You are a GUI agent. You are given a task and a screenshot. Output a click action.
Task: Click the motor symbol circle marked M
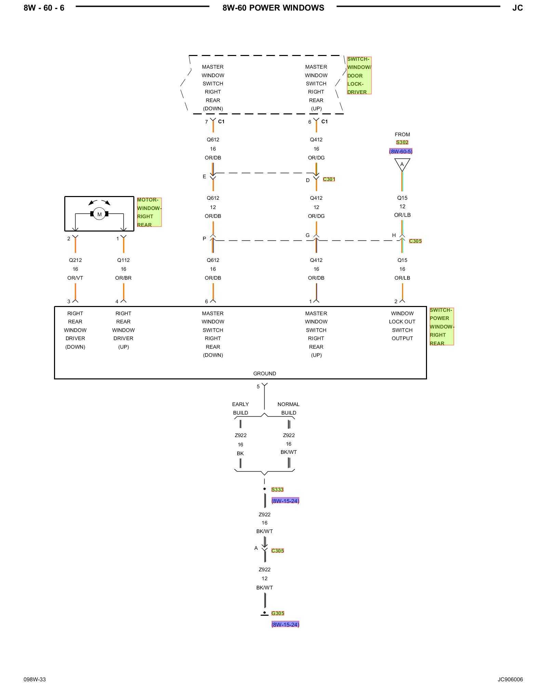click(99, 214)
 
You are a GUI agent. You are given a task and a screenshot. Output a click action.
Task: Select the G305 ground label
click(278, 613)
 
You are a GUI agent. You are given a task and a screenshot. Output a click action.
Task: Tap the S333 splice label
click(277, 489)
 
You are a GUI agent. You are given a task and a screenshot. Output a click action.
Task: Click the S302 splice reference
click(402, 142)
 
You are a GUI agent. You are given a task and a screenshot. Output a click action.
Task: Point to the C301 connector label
click(329, 179)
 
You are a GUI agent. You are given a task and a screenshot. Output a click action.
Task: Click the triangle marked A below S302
click(402, 165)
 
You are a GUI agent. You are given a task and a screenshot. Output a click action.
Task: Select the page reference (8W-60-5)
click(401, 151)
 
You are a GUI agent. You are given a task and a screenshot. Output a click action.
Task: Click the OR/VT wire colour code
click(75, 278)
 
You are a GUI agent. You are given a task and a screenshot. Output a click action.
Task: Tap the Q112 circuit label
click(123, 260)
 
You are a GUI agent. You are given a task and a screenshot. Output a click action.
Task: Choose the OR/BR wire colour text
click(123, 278)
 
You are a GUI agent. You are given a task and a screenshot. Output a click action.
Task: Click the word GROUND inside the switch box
click(265, 374)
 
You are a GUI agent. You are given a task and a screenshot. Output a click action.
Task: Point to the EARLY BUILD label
click(240, 408)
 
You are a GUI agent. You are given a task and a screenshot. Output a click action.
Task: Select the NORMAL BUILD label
click(289, 408)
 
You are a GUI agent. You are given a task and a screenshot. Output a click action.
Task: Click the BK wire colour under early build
click(240, 454)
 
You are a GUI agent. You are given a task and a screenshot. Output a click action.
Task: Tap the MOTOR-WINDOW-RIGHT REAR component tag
click(149, 212)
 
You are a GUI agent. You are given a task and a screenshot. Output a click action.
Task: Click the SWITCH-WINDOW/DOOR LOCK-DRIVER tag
click(359, 75)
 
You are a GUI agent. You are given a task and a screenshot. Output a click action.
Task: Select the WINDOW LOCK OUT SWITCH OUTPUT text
click(402, 326)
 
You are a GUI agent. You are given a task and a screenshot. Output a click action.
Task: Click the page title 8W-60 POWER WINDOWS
click(273, 8)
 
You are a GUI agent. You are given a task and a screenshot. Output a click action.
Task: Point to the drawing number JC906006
click(510, 679)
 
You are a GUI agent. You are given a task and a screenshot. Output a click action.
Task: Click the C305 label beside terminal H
click(415, 241)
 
